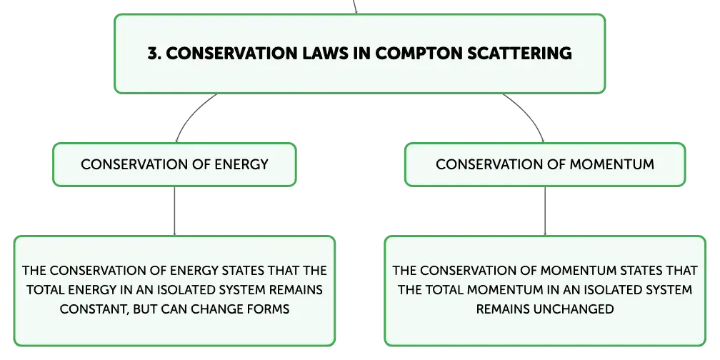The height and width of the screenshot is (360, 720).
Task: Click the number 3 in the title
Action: point(152,54)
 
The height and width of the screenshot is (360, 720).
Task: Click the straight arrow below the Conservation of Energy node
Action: point(174,211)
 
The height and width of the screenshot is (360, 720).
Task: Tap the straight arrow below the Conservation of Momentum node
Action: point(545,211)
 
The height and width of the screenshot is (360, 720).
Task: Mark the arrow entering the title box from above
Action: point(355,7)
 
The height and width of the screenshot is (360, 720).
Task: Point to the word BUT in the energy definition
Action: point(144,309)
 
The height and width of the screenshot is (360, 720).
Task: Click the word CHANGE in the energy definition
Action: point(217,309)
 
